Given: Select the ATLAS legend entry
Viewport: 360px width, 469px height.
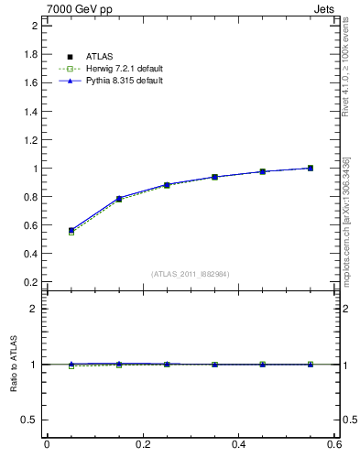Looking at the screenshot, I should pos(99,57).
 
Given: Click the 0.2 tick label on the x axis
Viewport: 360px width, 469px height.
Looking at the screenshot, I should pos(143,444).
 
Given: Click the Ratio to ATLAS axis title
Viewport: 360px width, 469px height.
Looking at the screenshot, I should pos(15,364).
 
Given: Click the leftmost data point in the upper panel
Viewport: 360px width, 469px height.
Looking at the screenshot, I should pos(71,231).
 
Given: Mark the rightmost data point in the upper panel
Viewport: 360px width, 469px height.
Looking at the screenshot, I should pos(311,168).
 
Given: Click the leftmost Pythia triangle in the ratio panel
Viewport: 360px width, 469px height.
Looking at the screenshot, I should pos(71,364).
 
